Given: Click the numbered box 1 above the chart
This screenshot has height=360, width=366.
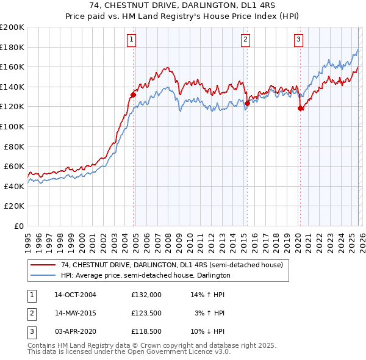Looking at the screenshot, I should coord(132,40).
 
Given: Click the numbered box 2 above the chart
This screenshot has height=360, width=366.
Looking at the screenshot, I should coord(245,40).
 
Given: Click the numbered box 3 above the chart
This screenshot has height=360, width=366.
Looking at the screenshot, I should coord(298,40).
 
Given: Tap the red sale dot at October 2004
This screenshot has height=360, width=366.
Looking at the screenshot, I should coord(133,95).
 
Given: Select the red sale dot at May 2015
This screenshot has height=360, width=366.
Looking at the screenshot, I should coord(247,103).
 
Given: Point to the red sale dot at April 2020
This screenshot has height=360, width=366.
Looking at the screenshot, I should coord(300,109).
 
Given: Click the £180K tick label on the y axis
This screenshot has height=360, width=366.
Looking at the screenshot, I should coord(12,47).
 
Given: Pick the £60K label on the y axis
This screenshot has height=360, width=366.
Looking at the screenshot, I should coord(15,166).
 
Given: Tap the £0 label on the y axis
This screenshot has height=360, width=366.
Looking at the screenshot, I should coord(20,226).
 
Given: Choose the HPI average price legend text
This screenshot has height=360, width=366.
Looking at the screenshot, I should coord(145,276).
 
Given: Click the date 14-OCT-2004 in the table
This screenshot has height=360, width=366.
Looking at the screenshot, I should coord(75,294).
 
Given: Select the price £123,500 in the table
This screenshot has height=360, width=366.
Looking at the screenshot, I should coord(146,313).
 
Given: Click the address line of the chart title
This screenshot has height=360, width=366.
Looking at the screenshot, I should coord(182,6).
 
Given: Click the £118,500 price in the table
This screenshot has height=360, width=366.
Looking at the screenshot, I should coord(146,332).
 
